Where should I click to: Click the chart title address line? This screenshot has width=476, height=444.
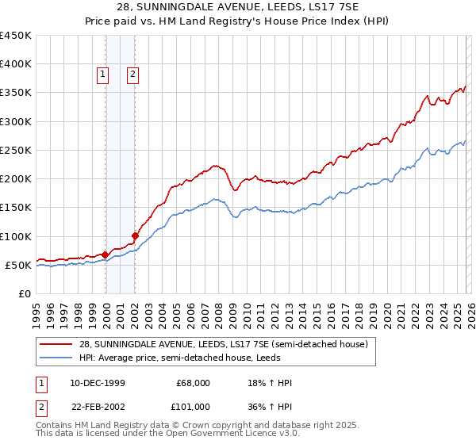tap(237, 7)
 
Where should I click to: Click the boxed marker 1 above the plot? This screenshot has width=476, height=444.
tap(103, 75)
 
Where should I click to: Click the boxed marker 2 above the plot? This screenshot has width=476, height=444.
tap(132, 75)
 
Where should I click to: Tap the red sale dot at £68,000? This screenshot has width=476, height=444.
tap(106, 255)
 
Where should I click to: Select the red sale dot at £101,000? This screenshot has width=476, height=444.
tap(136, 235)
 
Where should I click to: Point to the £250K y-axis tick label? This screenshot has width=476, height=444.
tap(16, 150)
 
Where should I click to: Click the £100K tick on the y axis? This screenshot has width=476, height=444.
tap(16, 236)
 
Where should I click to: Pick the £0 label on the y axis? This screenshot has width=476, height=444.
tap(25, 293)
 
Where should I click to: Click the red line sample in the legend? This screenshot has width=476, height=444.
tap(56, 345)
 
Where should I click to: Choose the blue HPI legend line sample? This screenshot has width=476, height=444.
tap(56, 358)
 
